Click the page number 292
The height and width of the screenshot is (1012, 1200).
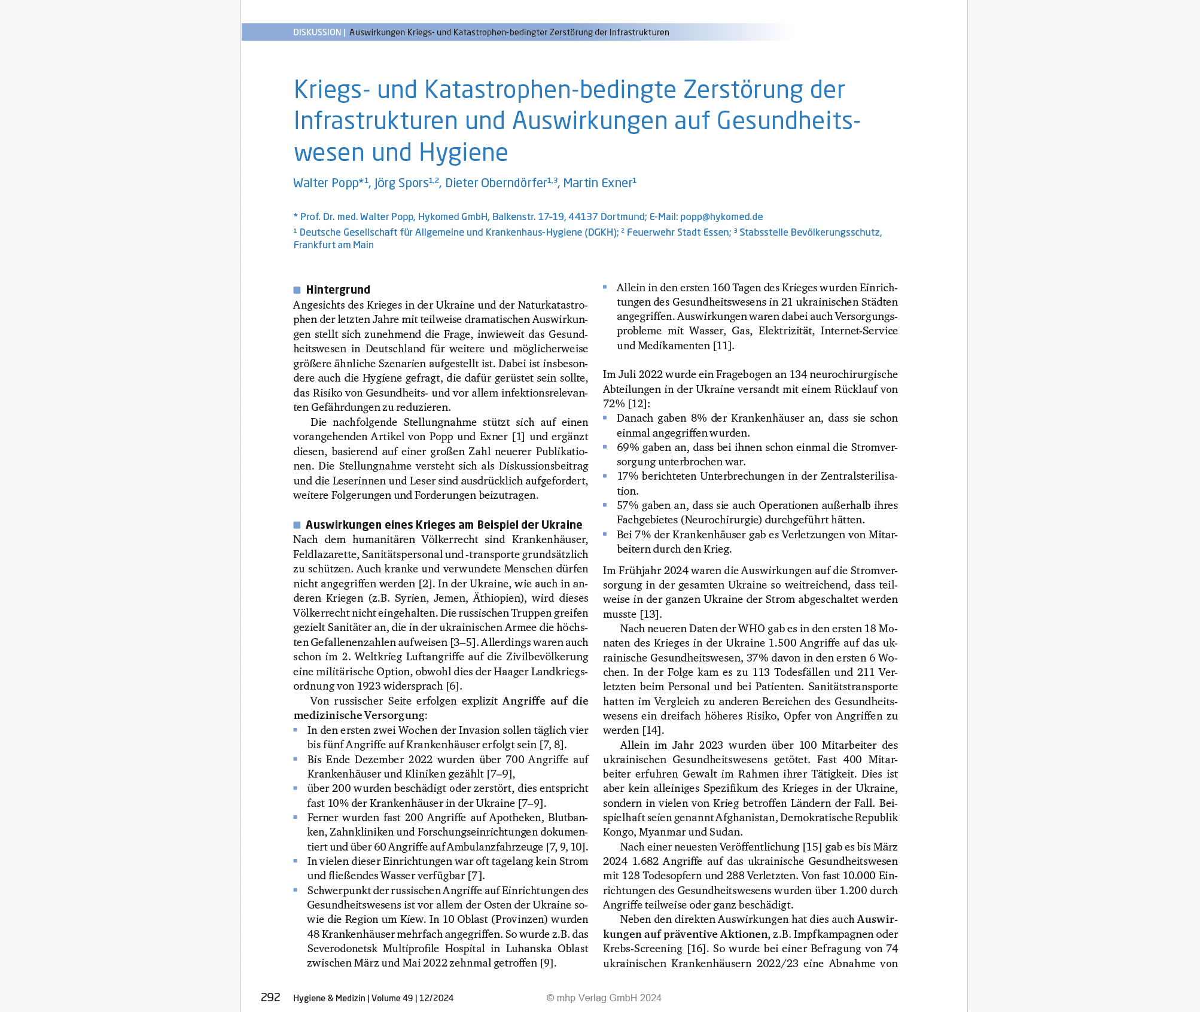270,997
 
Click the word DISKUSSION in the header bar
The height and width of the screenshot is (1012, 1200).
317,32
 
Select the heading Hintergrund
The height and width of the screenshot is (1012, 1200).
338,290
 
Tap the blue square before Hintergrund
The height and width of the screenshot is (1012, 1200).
297,290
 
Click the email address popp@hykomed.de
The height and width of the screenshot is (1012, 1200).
721,217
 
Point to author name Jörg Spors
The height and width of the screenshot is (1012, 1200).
401,183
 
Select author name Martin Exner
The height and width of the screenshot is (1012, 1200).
598,183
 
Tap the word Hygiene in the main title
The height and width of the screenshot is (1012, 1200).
464,153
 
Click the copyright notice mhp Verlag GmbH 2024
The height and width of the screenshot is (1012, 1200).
604,998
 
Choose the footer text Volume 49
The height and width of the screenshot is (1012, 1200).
392,998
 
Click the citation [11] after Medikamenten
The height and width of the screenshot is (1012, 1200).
723,346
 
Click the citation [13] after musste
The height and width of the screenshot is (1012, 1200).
651,614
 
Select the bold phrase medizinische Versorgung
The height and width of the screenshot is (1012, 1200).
359,715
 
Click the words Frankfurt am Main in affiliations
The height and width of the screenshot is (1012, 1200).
333,245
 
